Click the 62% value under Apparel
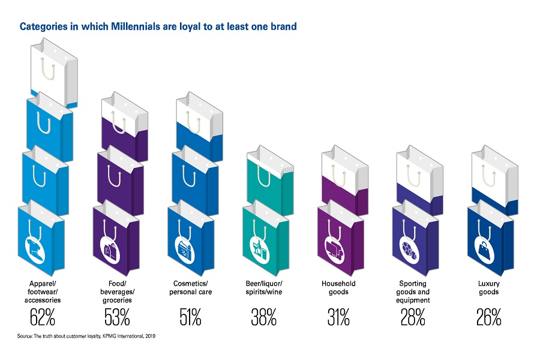coord(41,317)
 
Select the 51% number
coord(190,317)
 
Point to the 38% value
coord(264,317)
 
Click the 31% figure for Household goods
coord(338,317)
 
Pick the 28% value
coord(413,317)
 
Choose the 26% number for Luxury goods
coord(488,317)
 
